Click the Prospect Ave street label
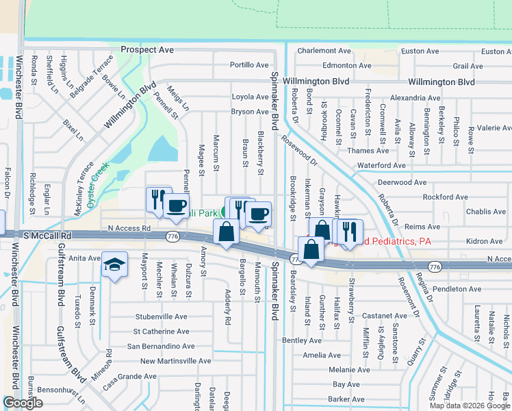[x=147, y=50]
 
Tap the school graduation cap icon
[x=114, y=264]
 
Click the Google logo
[x=23, y=403]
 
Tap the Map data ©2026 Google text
[x=470, y=405]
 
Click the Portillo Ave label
[x=249, y=65]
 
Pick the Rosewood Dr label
[x=300, y=150]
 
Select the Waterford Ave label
[x=381, y=165]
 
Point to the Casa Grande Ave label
[x=129, y=377]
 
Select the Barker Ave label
[x=346, y=399]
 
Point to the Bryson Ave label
[x=250, y=112]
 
